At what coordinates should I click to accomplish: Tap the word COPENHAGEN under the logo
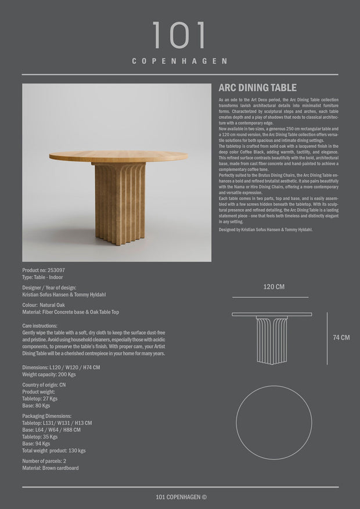click(x=179, y=61)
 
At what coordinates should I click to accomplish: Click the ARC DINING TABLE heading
click(x=257, y=88)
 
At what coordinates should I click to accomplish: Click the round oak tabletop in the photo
click(x=118, y=156)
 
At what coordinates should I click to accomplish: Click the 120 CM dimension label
click(x=274, y=287)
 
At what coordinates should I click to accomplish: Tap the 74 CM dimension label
click(x=341, y=337)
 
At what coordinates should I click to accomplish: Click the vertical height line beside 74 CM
click(x=326, y=337)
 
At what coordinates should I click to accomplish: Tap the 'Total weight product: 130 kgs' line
click(x=54, y=450)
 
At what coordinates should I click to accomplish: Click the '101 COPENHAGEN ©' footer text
click(x=181, y=496)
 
